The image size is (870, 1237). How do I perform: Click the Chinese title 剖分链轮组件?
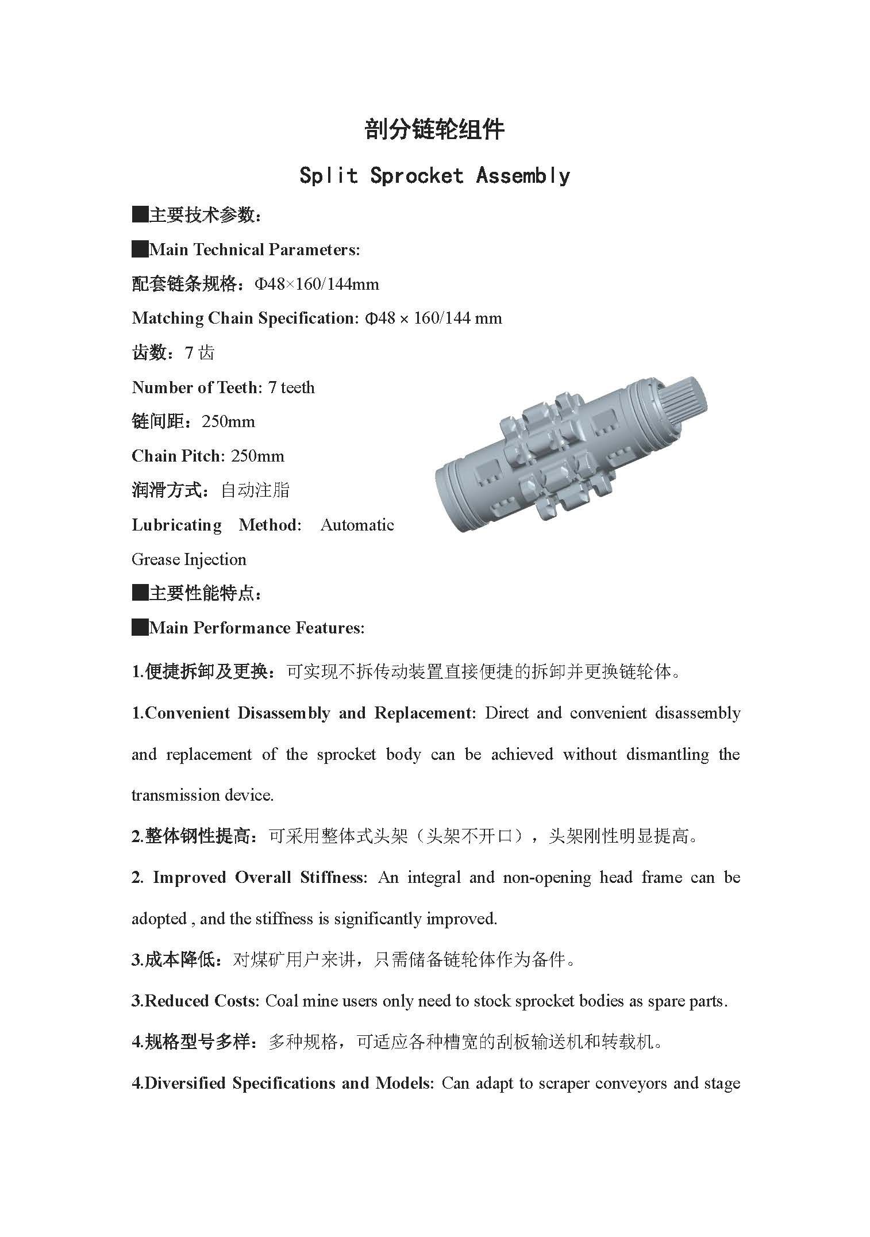(434, 130)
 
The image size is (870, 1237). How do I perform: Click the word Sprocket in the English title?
(417, 175)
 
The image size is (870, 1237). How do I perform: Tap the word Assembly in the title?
(523, 175)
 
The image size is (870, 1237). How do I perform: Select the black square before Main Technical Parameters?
(140, 249)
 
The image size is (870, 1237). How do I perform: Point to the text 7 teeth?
(291, 387)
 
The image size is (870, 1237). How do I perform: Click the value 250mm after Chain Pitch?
(257, 456)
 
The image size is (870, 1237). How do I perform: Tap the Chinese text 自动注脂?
(255, 490)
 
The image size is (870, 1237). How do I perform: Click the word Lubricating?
(176, 525)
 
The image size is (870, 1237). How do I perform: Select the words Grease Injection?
(189, 559)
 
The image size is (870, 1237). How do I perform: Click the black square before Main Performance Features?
(140, 628)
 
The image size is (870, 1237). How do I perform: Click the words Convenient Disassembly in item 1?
(237, 713)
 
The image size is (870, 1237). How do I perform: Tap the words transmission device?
(202, 795)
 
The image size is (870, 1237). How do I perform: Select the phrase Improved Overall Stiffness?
(258, 877)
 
